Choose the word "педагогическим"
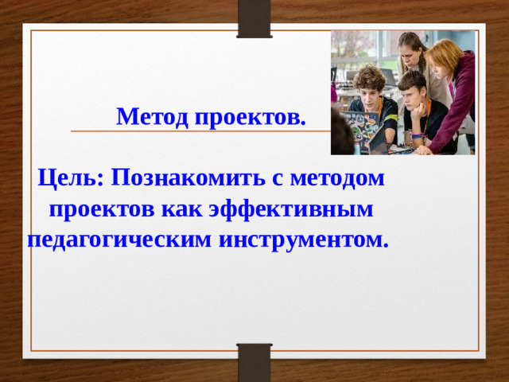click(117, 239)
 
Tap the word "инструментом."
click(301, 239)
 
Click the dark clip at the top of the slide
click(254, 18)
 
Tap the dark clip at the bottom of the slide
click(254, 363)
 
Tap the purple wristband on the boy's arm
click(417, 136)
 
